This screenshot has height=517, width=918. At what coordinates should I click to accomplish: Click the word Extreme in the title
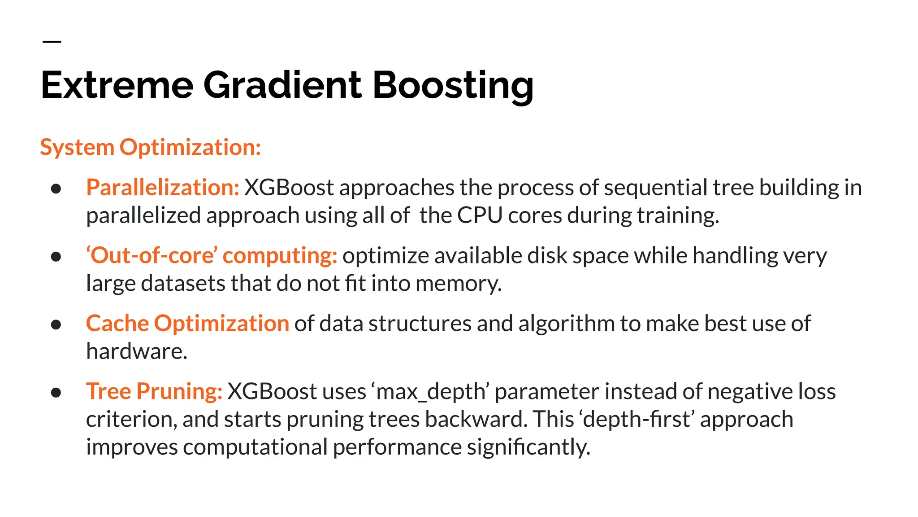click(117, 85)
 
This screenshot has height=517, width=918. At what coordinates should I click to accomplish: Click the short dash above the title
click(52, 42)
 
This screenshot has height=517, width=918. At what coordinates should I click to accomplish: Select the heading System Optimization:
click(151, 147)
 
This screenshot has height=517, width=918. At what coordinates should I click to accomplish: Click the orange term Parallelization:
click(163, 188)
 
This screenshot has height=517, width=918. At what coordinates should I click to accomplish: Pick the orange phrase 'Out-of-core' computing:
click(212, 256)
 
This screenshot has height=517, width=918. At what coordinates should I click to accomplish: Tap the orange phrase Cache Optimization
click(187, 324)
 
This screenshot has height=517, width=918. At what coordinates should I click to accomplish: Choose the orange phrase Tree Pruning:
click(154, 391)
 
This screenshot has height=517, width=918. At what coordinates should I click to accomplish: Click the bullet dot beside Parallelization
click(56, 188)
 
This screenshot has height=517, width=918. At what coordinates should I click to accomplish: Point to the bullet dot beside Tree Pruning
click(56, 393)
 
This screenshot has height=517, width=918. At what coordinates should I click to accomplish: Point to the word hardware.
click(136, 351)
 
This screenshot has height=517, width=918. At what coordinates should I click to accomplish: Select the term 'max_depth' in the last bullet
click(430, 392)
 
